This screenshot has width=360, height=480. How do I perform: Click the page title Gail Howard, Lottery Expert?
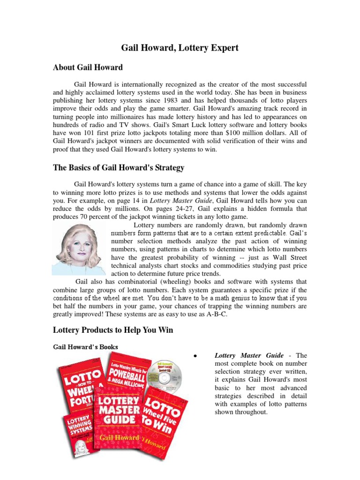click(x=180, y=47)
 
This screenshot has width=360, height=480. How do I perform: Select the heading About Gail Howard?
click(x=88, y=67)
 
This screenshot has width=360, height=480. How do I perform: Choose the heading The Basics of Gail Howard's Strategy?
click(x=119, y=168)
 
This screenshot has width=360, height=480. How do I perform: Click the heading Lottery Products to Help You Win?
click(x=112, y=330)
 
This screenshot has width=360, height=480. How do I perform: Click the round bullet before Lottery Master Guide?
click(x=194, y=356)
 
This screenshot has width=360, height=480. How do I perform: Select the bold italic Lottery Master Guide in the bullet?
click(x=249, y=356)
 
